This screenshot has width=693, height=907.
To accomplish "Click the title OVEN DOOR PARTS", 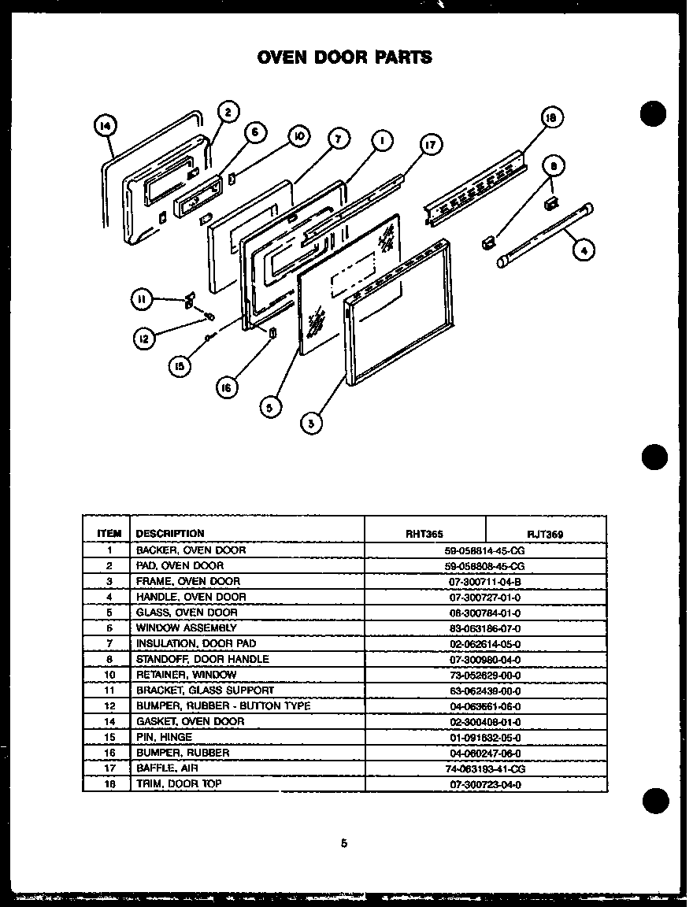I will tap(344, 57).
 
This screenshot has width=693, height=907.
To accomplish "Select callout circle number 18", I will tap(551, 119).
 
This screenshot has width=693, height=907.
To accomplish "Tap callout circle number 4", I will tap(583, 251).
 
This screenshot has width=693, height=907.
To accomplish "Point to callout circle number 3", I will tap(311, 423).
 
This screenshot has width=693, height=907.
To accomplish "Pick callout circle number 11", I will tap(142, 298).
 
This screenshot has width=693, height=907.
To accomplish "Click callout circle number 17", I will tap(430, 144).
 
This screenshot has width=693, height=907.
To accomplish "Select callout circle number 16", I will tap(228, 387).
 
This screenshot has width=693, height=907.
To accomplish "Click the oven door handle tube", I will tap(545, 235).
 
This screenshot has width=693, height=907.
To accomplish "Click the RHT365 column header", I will tap(424, 533).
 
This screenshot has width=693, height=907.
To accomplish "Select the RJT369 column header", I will tap(546, 533).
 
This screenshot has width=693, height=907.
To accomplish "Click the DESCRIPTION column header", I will tap(170, 533).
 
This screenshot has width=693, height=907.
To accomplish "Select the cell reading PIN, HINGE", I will tap(164, 737).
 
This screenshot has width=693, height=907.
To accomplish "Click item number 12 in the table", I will tap(109, 706).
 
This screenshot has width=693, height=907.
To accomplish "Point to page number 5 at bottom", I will tap(343, 843).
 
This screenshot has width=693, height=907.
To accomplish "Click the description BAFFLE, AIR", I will tap(167, 768).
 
